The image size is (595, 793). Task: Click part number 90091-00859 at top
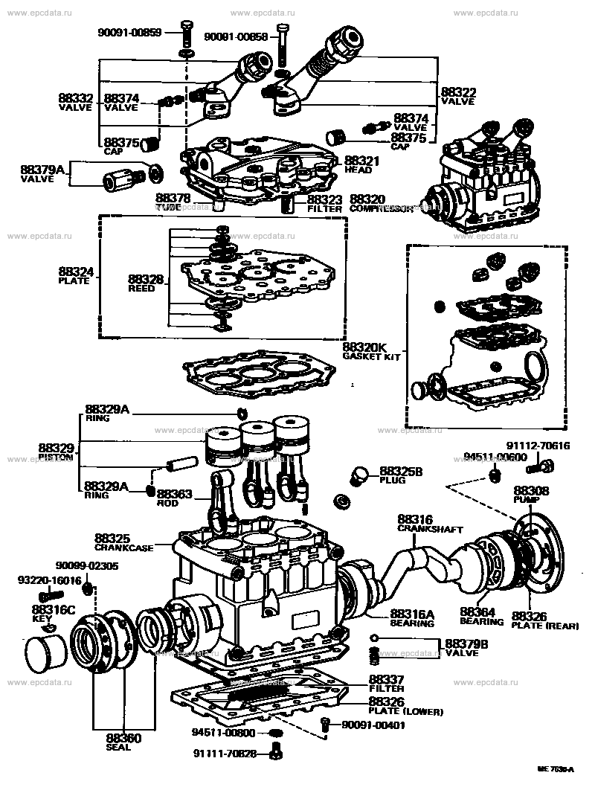(129, 32)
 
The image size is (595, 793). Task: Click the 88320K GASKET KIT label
(371, 351)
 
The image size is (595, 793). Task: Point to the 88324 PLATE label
(76, 275)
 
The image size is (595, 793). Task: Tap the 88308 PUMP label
(531, 495)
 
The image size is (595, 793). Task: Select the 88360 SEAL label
(118, 742)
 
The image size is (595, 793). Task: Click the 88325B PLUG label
(401, 475)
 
